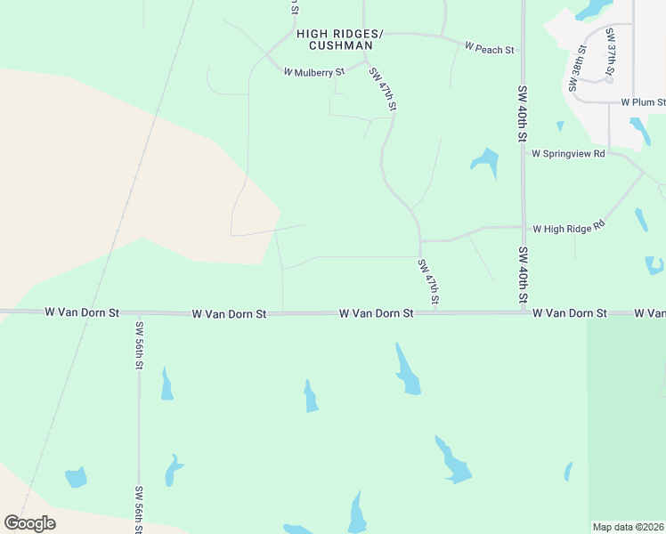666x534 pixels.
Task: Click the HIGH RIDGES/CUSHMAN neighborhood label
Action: point(339,39)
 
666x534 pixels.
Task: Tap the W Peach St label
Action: point(490,49)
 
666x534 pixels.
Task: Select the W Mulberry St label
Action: point(313,71)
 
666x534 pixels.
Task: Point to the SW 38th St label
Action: point(575,69)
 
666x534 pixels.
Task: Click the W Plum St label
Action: point(643,102)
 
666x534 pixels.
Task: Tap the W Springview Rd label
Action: point(568,153)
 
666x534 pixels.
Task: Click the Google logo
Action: point(29,522)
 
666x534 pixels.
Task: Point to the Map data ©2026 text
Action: point(628,527)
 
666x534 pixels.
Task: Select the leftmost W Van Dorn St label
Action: point(82,312)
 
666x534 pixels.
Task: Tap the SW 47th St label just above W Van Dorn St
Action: point(428,282)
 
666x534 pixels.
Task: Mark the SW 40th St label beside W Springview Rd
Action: point(524,114)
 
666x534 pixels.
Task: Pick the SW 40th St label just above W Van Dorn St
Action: point(524,274)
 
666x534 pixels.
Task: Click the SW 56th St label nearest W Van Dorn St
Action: point(139,345)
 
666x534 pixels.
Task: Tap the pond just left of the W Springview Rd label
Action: point(484,161)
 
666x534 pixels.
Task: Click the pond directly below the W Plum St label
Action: point(639,130)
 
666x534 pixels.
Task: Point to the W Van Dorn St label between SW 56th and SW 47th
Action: point(229,313)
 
